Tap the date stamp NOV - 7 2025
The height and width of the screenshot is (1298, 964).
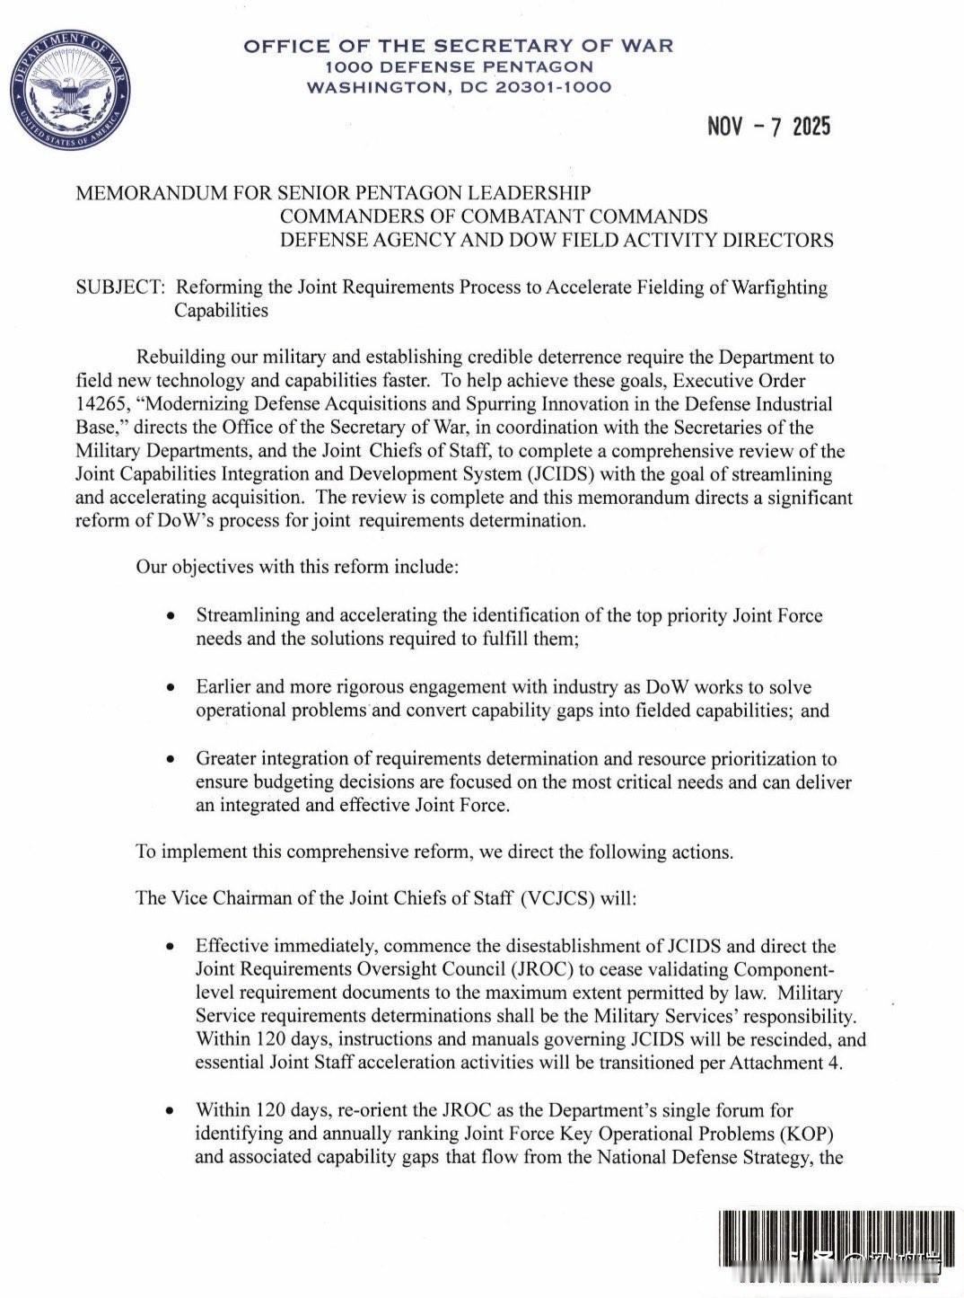pos(769,127)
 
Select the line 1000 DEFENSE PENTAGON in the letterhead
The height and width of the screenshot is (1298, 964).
pos(459,66)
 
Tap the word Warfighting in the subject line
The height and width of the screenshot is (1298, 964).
pos(779,287)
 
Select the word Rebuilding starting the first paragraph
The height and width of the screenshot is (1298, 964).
pos(183,357)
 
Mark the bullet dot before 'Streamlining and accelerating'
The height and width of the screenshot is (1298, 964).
pos(171,616)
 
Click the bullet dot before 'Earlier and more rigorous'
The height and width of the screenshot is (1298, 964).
pos(171,688)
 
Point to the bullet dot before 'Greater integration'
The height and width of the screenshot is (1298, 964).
pos(171,760)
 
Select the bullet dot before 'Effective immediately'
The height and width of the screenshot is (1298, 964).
pos(171,947)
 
